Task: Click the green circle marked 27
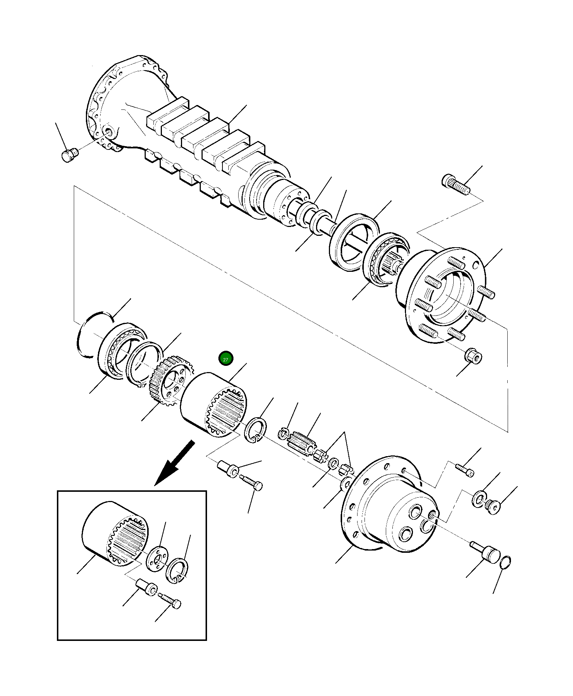pyautogui.click(x=225, y=359)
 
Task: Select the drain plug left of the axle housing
pyautogui.click(x=69, y=155)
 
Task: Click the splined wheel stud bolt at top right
pyautogui.click(x=456, y=185)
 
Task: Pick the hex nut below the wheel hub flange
pyautogui.click(x=474, y=356)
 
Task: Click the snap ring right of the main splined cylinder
pyautogui.click(x=255, y=430)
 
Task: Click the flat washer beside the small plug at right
pyautogui.click(x=478, y=499)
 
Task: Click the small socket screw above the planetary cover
pyautogui.click(x=465, y=470)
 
